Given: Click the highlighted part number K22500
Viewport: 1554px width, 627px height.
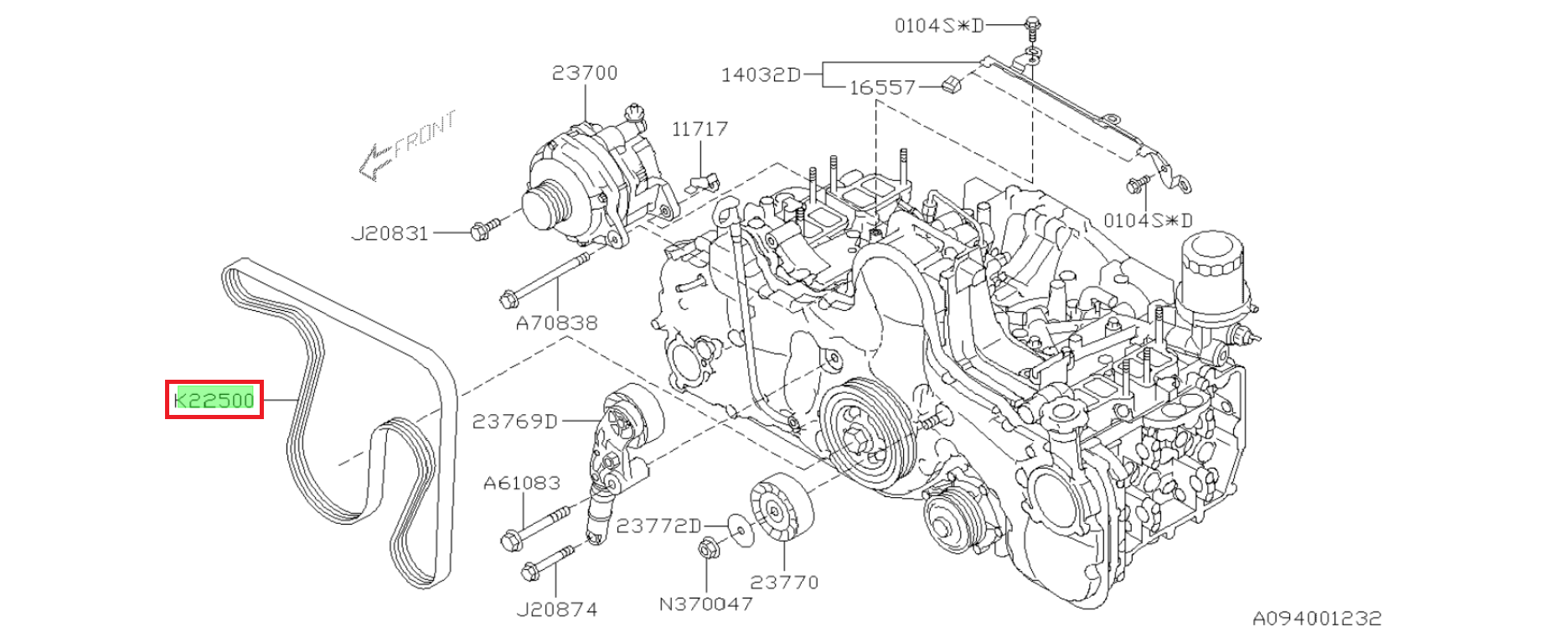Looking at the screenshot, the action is tap(214, 400).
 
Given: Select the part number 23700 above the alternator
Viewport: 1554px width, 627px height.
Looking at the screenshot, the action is tap(585, 73).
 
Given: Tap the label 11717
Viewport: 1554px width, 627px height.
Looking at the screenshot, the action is tap(700, 129).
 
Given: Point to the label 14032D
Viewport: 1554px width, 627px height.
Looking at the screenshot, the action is tap(761, 75).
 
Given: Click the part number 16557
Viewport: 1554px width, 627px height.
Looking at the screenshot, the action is tap(882, 87).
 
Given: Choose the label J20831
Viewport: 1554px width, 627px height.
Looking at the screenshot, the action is tap(390, 233).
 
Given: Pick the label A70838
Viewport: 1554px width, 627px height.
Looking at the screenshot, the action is tap(556, 323).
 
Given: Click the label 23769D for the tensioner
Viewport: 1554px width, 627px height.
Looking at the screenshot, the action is tap(514, 421).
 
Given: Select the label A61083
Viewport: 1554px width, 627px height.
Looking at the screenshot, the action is tap(522, 483).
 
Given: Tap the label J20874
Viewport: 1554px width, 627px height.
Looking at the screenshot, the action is tap(557, 609).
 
